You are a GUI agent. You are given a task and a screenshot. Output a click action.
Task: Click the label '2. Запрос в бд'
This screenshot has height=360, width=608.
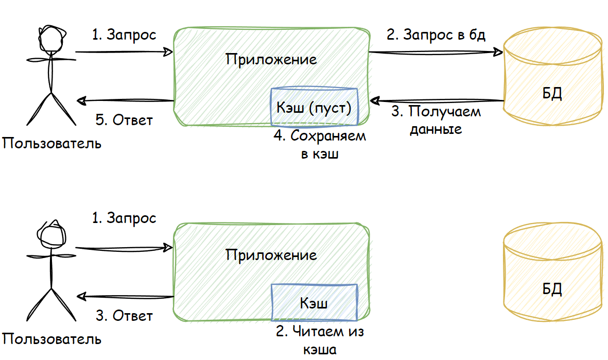(436, 35)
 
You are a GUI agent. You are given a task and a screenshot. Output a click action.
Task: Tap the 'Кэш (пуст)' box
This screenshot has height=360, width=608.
(314, 108)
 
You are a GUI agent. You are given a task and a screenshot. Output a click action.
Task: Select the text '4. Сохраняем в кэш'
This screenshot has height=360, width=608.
(320, 145)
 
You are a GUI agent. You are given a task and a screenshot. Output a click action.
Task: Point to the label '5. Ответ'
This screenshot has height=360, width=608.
(124, 120)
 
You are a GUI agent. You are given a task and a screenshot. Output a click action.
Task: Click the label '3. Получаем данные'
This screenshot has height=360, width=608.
(436, 120)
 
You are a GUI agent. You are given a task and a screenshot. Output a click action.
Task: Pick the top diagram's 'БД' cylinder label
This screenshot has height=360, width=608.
(552, 94)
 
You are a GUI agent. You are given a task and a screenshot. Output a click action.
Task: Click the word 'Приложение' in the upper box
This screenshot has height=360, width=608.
(271, 59)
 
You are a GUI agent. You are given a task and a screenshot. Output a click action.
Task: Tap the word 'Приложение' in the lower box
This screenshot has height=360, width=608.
(271, 254)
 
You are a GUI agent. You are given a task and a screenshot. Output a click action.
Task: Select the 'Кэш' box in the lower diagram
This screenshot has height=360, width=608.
(314, 302)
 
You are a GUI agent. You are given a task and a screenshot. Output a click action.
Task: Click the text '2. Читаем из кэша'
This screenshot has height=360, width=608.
(320, 340)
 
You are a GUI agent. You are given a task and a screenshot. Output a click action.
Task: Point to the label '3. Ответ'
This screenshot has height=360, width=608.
(124, 315)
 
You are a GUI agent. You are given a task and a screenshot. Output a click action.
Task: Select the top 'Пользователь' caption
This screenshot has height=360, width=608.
(51, 143)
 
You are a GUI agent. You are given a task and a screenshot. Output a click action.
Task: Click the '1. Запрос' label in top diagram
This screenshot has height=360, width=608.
(124, 35)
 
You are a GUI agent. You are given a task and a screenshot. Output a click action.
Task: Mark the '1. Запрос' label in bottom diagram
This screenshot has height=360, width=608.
(124, 218)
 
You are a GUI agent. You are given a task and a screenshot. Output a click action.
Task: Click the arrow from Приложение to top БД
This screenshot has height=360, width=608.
(435, 52)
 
